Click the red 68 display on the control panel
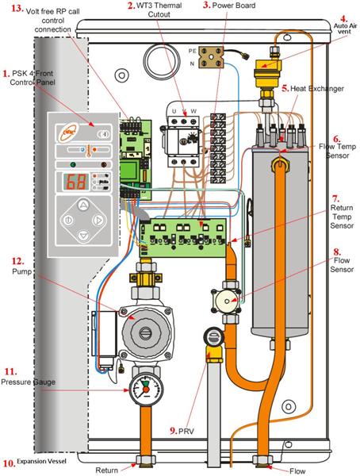pos(76,182)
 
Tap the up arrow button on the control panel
pos(83,205)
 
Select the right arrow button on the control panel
pos(98,220)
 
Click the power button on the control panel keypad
pos(68,220)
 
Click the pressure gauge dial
pos(146,390)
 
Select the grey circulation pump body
pos(145,333)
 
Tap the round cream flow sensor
pos(227,301)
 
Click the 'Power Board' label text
pos(234,6)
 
